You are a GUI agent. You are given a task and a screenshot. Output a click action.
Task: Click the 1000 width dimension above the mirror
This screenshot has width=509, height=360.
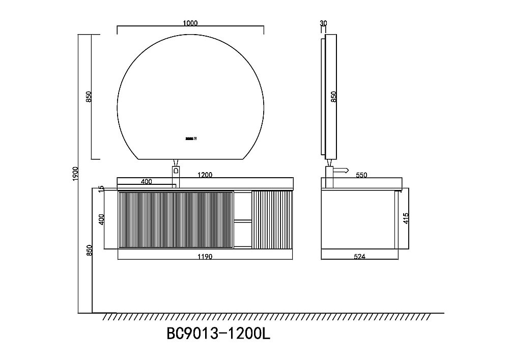click(190, 23)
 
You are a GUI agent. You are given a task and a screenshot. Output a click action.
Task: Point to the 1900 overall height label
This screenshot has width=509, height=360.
click(75, 174)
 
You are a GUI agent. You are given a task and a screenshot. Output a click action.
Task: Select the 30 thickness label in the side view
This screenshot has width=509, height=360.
click(323, 23)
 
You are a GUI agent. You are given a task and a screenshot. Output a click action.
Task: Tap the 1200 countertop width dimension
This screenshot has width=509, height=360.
click(205, 175)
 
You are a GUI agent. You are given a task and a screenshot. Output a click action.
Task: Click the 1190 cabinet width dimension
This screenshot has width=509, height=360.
click(205, 257)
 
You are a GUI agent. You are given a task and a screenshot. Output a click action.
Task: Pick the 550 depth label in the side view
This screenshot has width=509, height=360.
click(361, 175)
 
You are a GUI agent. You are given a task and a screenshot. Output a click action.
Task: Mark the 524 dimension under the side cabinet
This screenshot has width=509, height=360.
click(360, 257)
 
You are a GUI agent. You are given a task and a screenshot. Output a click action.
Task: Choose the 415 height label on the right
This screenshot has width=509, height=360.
click(406, 219)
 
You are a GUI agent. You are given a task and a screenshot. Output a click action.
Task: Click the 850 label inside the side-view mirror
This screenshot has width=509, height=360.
click(334, 97)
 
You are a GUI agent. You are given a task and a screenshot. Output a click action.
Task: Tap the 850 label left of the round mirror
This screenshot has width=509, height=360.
click(89, 97)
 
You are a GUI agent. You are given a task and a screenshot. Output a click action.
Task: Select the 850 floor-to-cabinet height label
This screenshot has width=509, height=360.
click(90, 250)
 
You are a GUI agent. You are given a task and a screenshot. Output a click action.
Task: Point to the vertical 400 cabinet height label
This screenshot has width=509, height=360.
click(101, 219)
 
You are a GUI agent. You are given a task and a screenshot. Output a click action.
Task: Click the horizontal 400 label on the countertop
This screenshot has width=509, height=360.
click(146, 181)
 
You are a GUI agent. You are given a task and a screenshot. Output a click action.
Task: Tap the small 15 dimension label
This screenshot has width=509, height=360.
click(101, 188)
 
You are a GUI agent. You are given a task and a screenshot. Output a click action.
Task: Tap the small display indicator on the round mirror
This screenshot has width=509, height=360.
click(191, 137)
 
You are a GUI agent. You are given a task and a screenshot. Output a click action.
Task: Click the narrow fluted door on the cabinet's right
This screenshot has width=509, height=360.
click(273, 219)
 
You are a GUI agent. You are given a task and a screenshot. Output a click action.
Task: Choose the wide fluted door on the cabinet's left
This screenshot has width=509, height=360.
click(176, 219)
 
